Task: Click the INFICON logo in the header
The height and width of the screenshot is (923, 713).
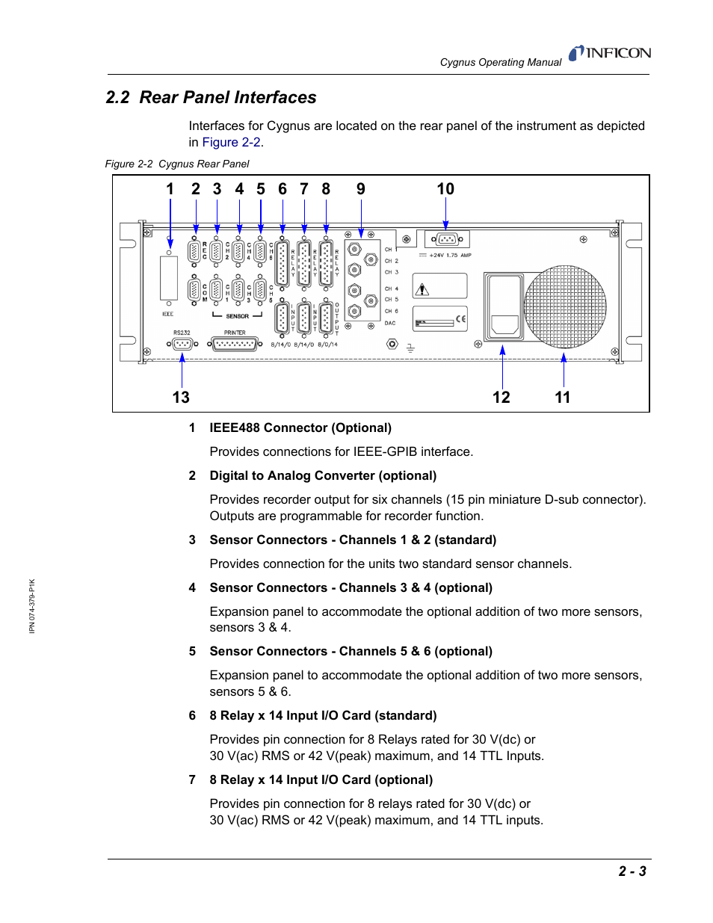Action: coord(610,53)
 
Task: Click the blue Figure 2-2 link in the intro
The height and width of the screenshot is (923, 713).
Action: coord(231,142)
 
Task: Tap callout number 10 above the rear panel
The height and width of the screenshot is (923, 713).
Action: coord(445,189)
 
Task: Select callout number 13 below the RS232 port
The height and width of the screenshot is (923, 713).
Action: coord(181,397)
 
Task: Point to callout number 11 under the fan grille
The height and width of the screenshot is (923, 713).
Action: coord(562,397)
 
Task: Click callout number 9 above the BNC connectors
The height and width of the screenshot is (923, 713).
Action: coord(361,189)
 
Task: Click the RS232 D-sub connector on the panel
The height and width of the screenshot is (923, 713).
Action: coord(182,344)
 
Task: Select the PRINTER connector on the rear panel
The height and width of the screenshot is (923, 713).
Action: coord(235,344)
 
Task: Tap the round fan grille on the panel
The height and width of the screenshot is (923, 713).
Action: coord(565,306)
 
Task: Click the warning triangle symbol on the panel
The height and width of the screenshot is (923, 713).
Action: coord(423,289)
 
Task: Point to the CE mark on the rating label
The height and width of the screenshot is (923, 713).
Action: coord(460,319)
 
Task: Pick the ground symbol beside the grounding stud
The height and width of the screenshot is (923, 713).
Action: coord(410,348)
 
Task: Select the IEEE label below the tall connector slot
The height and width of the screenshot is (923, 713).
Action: coord(168,314)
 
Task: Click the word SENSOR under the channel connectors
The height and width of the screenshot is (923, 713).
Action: coord(237,316)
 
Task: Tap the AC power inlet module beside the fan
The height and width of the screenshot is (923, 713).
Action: coord(504,306)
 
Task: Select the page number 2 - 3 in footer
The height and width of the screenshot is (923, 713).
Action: coord(632,871)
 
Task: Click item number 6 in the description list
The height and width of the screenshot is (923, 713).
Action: coord(192,715)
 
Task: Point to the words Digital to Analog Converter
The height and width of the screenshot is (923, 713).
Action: coord(292,475)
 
